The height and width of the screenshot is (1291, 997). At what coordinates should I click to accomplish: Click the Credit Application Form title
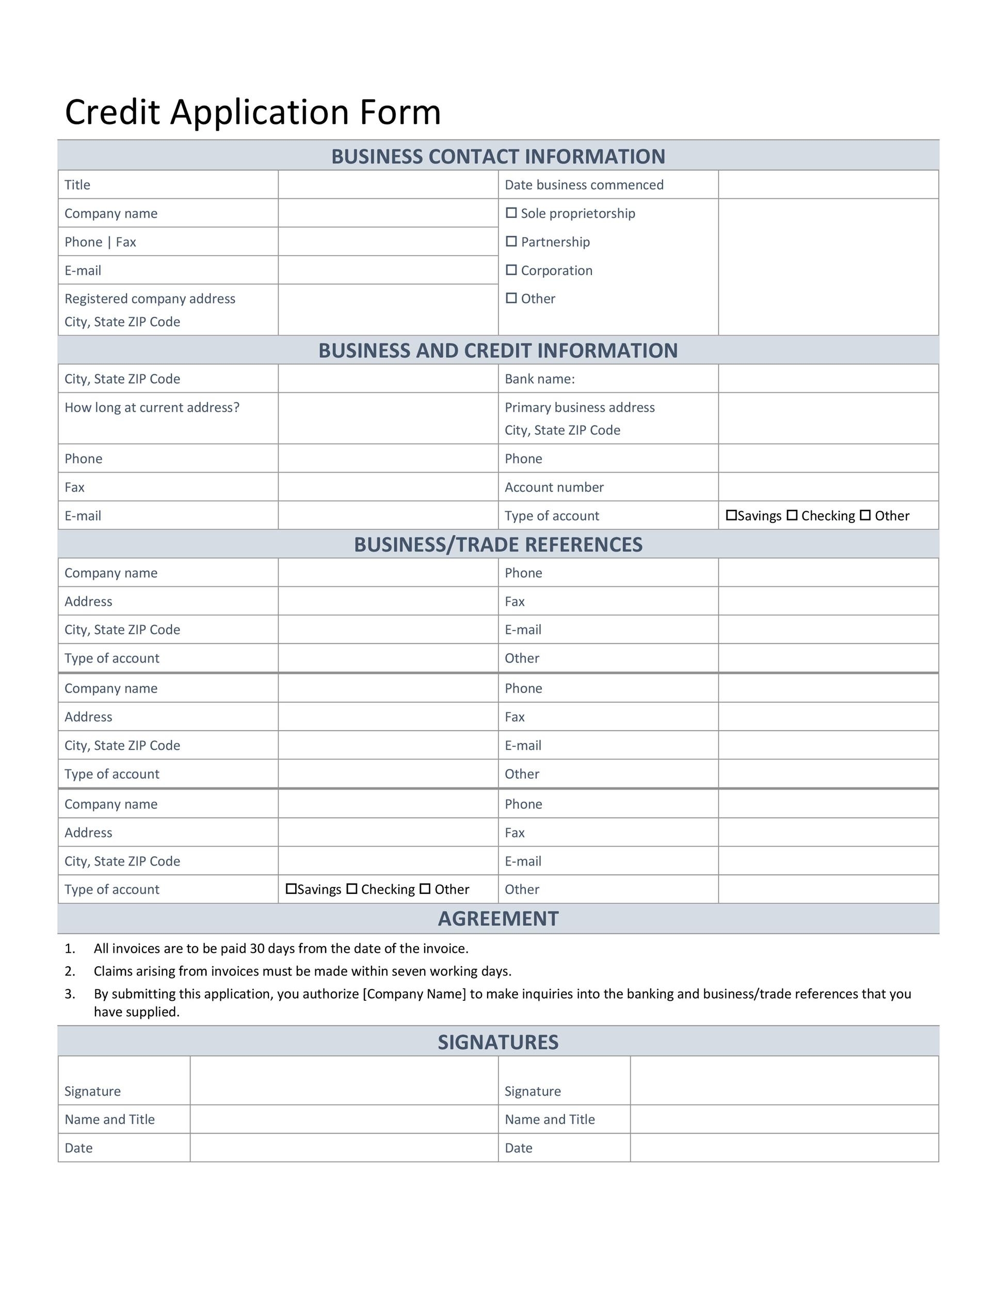253,112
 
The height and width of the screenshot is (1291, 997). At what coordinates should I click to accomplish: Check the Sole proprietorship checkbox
511,213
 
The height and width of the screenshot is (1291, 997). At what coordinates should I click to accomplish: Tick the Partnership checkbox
511,241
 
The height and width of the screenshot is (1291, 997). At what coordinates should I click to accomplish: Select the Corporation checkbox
511,270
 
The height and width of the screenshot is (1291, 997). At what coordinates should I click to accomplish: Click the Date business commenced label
584,185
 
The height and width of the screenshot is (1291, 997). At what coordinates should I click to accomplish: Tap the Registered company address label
150,298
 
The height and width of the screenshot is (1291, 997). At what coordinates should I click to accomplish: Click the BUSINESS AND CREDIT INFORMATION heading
498,351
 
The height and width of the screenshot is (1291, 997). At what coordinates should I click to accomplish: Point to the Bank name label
539,379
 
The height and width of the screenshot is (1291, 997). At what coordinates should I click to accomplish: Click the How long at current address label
152,407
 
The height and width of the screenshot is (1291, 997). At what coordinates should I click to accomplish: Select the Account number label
554,487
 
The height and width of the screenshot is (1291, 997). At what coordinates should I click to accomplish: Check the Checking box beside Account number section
792,515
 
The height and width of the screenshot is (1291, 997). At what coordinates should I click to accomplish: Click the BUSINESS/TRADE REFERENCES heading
498,544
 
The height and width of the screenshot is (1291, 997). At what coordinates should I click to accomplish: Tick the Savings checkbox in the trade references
291,888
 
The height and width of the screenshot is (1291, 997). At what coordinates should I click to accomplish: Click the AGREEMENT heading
498,919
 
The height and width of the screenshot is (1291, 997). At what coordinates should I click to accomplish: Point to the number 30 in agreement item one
257,949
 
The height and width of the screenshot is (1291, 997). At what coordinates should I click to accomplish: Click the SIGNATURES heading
498,1042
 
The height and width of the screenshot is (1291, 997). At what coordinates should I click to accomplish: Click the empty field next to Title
388,185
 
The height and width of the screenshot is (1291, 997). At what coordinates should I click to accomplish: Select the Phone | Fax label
101,242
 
